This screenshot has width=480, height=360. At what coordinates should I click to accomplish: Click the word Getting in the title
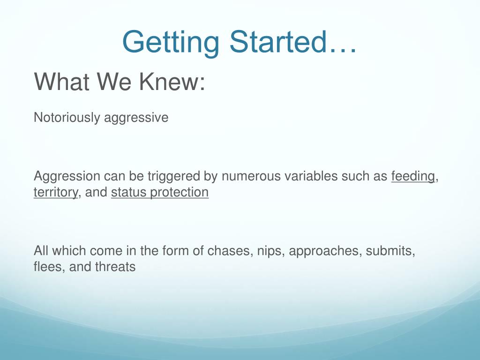171,43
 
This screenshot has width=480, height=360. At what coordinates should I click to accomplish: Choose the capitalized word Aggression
67,177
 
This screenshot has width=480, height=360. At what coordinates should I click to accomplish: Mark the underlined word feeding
413,177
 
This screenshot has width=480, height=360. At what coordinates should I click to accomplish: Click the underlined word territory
56,193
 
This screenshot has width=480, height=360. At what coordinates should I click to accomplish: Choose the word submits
390,251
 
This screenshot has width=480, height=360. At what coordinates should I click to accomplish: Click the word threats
115,267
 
